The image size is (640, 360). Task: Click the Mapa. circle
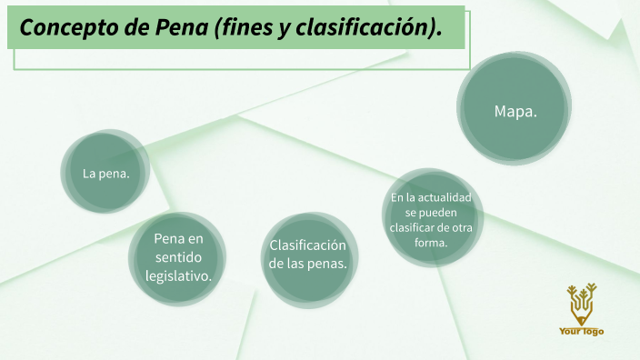[515, 111]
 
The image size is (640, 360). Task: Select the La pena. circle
[106, 173]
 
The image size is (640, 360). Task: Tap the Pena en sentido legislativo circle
[177, 257]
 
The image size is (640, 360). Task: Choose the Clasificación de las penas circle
[308, 255]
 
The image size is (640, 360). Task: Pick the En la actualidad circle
[432, 220]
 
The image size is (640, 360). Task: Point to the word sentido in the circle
[177, 257]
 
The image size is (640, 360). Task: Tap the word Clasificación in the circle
[308, 245]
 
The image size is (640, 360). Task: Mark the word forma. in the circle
[432, 243]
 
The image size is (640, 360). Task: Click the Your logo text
[581, 332]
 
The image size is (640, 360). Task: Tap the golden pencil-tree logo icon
[581, 303]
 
